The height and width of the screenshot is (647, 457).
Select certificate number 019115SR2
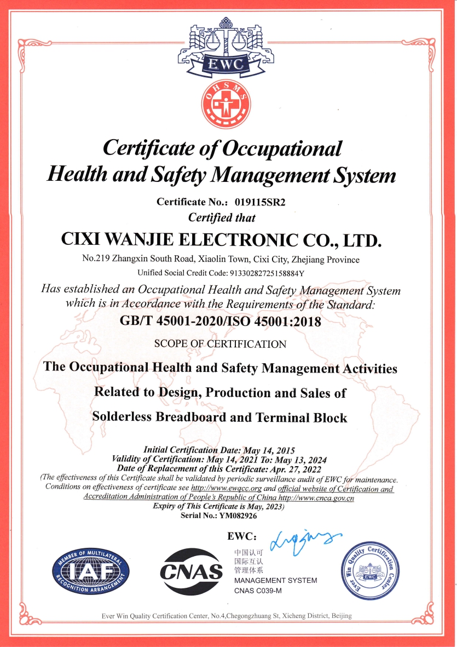pos(260,202)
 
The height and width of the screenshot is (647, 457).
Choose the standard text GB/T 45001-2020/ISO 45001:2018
pos(220,322)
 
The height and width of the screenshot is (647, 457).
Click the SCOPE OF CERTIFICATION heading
pos(220,344)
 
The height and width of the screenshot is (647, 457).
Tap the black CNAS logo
pos(191,572)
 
